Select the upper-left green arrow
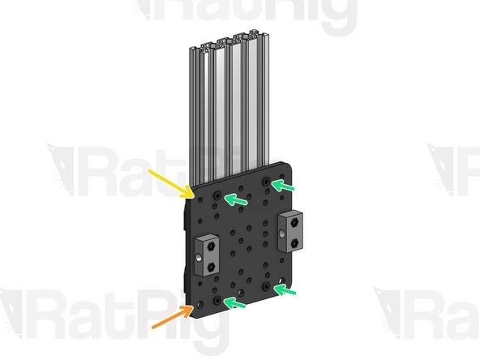(x=236, y=199)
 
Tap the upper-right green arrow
(x=285, y=186)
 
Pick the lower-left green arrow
(x=236, y=303)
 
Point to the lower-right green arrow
(x=286, y=289)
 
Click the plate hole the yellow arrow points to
(x=192, y=195)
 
